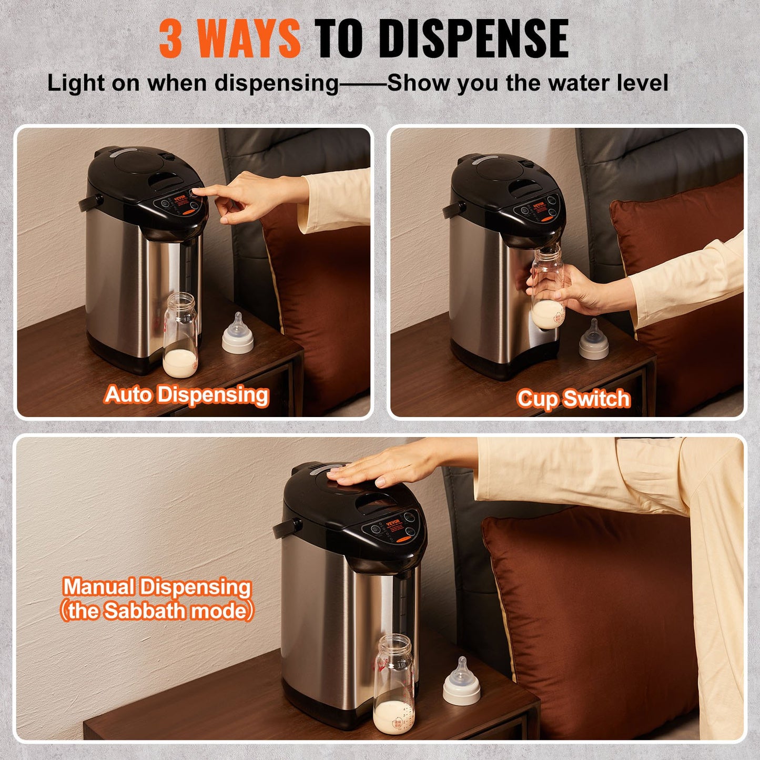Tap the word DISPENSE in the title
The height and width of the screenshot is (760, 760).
(473, 38)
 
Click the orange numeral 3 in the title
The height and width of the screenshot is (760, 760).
(171, 38)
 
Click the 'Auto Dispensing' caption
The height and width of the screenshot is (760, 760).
(186, 394)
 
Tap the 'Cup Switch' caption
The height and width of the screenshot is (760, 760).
(573, 399)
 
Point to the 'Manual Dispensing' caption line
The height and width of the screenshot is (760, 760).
(157, 587)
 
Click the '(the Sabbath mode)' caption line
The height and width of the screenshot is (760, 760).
(157, 611)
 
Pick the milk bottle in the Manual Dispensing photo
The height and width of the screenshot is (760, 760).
(393, 684)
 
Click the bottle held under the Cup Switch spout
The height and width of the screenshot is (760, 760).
(548, 289)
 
